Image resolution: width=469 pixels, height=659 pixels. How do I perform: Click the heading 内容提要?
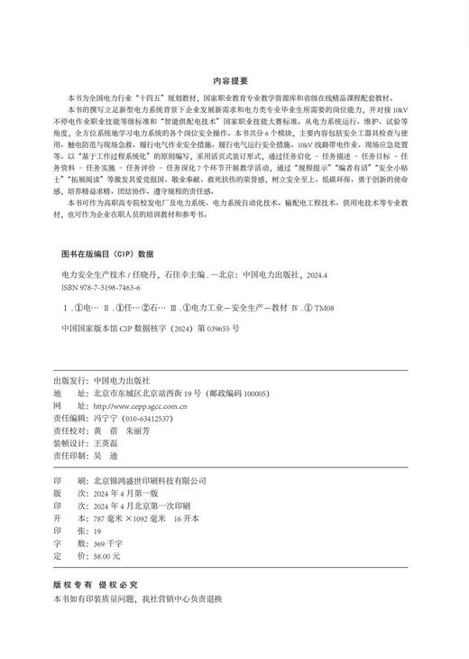coord(234,79)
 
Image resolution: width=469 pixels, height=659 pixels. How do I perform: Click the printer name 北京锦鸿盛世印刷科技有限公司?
coord(157,481)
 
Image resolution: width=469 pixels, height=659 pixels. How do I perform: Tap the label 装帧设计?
coord(69,445)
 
